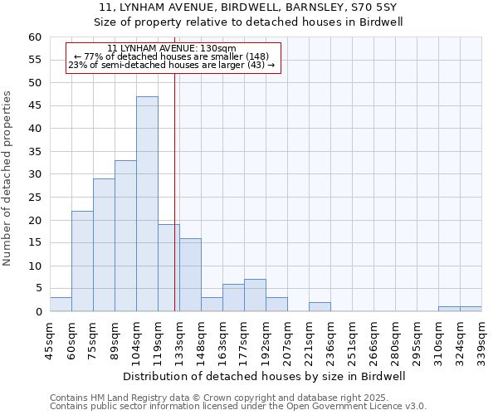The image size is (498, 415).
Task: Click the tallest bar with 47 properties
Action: (x=147, y=204)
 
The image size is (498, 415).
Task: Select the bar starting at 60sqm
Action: (x=82, y=261)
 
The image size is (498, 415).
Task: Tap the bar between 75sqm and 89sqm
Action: (x=104, y=245)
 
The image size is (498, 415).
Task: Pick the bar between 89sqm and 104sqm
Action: (x=125, y=236)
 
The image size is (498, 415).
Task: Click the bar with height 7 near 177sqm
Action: (x=255, y=295)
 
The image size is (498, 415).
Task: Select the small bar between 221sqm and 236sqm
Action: (x=320, y=307)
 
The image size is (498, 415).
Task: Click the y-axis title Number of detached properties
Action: (x=8, y=178)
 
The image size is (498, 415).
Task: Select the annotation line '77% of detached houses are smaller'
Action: (x=173, y=56)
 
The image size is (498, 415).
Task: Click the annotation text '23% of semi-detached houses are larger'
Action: (x=173, y=65)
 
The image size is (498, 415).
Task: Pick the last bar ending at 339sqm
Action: (x=471, y=309)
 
